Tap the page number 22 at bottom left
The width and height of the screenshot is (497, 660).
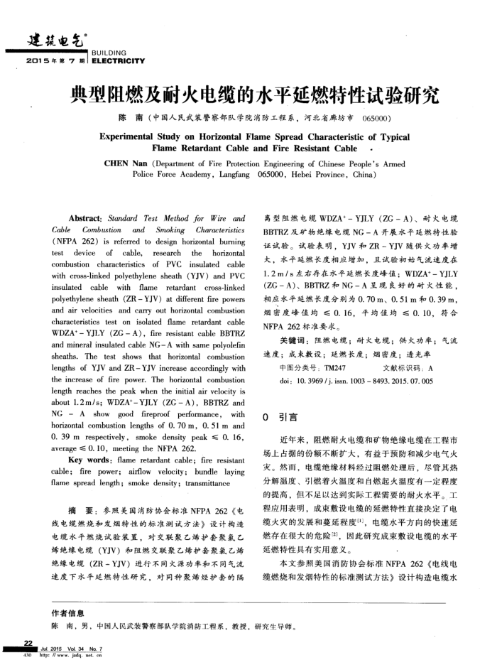pos(29,642)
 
